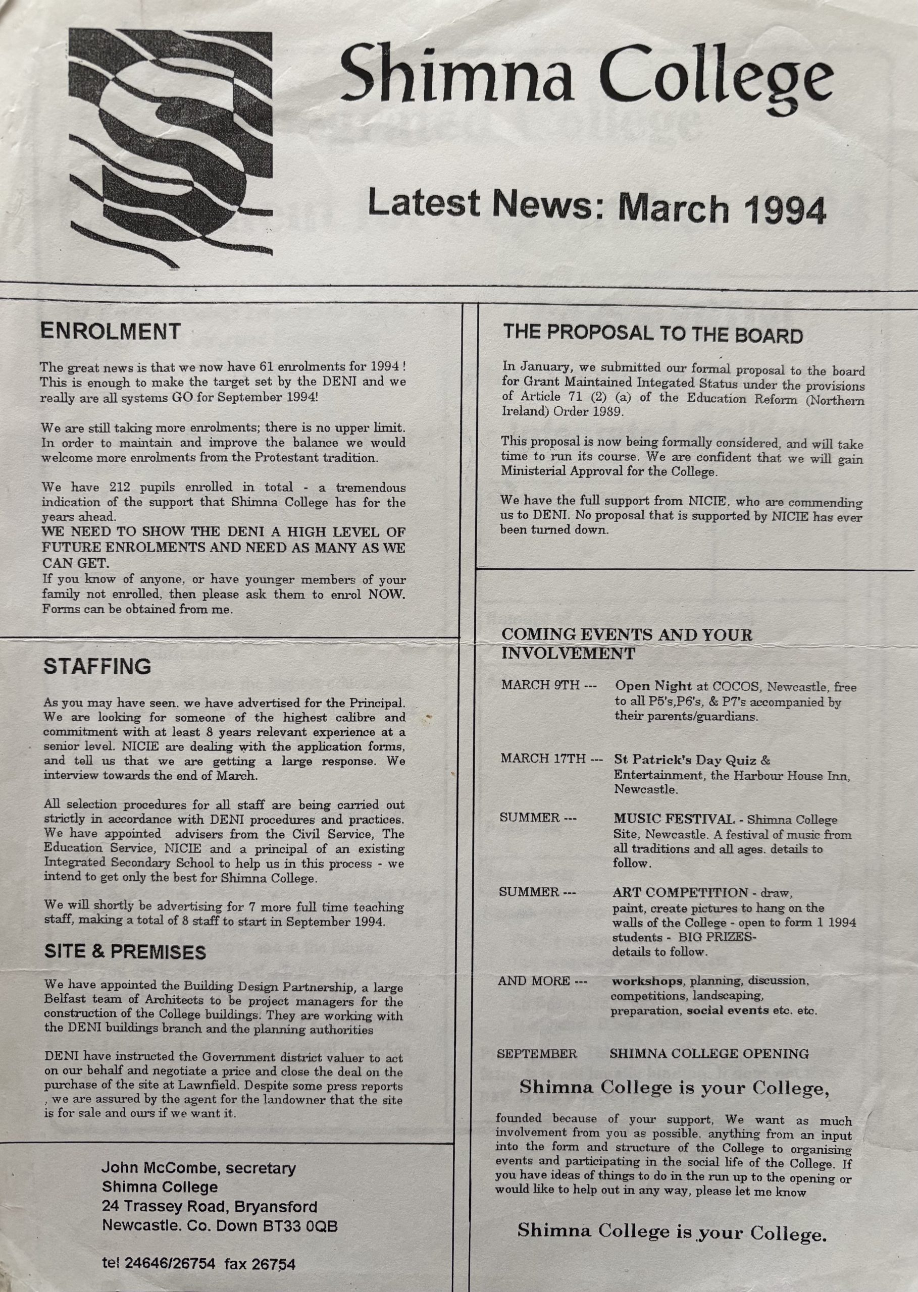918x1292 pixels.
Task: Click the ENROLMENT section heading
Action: point(110,332)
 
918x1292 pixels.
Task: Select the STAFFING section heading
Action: point(97,667)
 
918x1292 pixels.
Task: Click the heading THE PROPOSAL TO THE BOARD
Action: point(652,335)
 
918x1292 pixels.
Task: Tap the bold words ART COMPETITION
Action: point(680,893)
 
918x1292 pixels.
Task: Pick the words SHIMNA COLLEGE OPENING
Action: point(709,1054)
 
